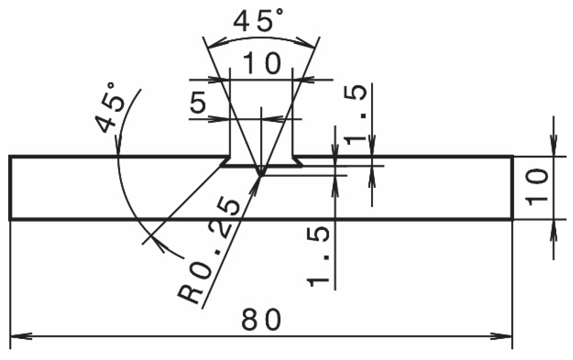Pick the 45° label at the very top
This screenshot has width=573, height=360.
click(259, 21)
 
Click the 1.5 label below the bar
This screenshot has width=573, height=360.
click(318, 257)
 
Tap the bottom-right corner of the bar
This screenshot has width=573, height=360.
click(513, 219)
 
